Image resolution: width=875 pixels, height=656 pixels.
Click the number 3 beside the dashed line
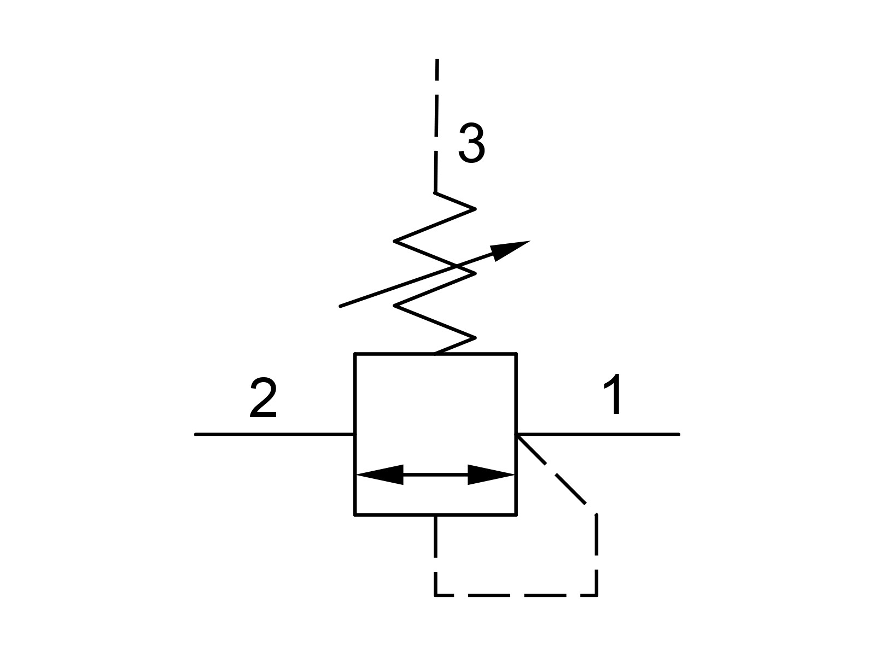471,143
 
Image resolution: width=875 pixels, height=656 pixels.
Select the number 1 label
612,394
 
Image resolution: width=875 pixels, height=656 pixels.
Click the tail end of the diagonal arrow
340,306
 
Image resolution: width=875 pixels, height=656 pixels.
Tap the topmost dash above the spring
437,70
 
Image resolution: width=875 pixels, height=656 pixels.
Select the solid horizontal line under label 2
275,435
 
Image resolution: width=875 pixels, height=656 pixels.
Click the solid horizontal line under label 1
598,435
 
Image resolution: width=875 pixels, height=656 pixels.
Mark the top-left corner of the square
355,354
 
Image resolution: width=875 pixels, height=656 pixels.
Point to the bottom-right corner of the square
516,515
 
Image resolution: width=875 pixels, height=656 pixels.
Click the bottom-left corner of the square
355,515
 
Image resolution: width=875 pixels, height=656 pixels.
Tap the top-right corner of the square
516,354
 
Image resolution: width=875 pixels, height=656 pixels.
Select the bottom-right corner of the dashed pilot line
597,595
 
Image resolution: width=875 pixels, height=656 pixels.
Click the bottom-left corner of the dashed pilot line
435,595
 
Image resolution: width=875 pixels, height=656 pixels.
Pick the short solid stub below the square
435,536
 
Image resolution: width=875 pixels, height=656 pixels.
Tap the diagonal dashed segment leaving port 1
552,470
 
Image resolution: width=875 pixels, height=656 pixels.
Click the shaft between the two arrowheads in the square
435,475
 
